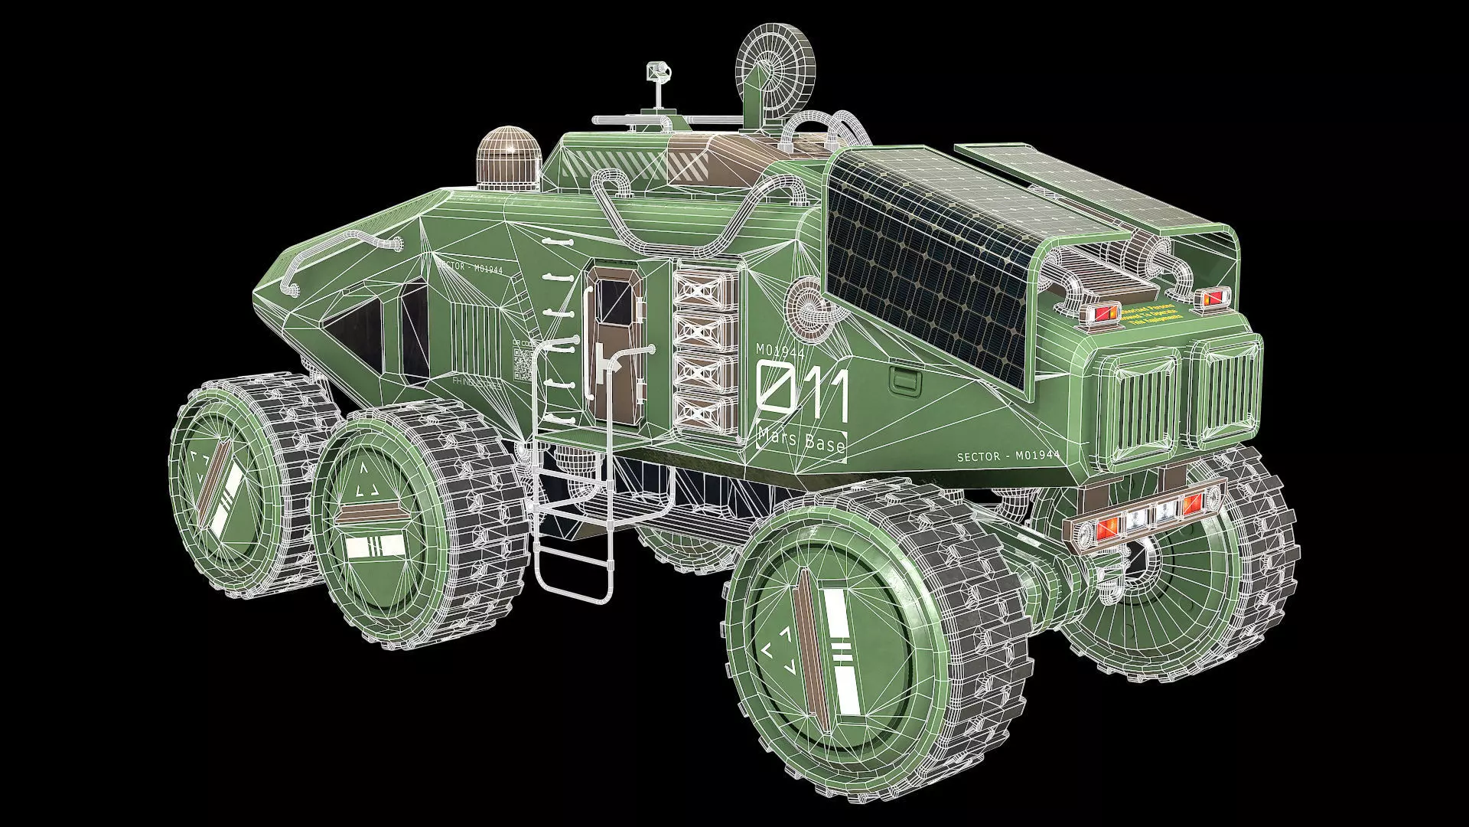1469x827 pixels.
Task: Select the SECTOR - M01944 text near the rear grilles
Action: [1008, 456]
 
